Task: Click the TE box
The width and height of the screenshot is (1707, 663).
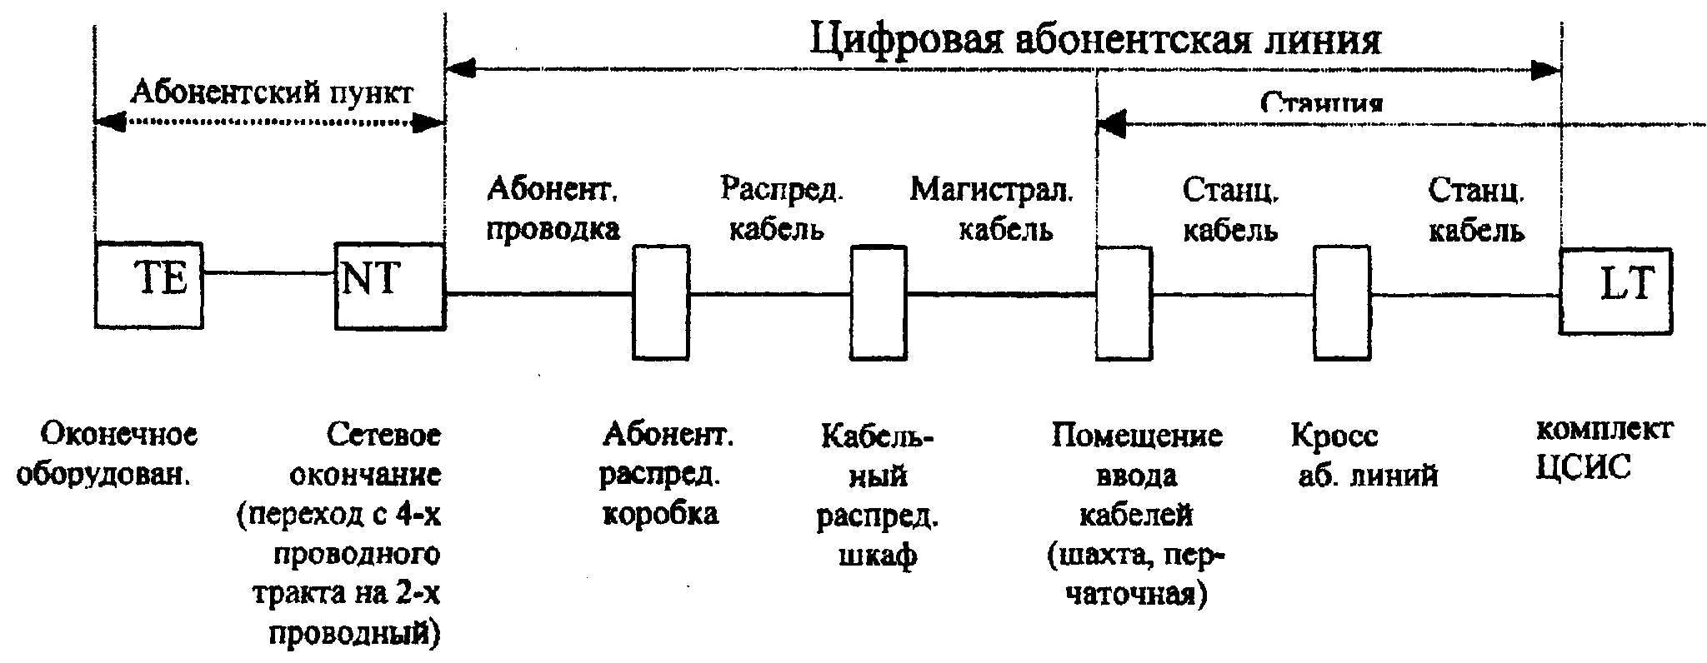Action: coord(148,285)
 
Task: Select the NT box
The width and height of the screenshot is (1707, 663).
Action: coord(389,286)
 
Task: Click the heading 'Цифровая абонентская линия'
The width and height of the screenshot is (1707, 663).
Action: coord(1096,38)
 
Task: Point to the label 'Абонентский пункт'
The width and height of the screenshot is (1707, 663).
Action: coord(271,92)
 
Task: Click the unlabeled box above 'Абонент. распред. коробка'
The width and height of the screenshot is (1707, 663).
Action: coord(661,302)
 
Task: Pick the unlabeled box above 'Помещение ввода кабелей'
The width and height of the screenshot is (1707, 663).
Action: coord(1124,303)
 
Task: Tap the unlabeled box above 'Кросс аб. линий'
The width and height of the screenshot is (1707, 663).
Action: coord(1342,303)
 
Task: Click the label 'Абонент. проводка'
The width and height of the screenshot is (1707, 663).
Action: coord(553,209)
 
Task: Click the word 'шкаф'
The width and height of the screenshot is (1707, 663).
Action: coord(878,554)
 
